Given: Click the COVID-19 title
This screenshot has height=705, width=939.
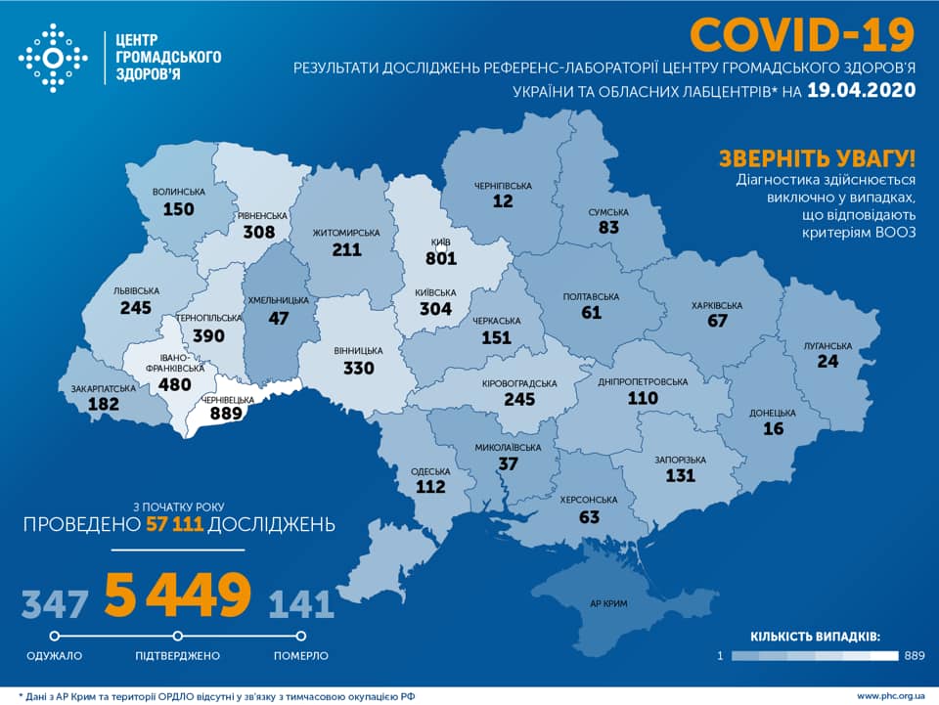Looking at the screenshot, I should click(802, 34).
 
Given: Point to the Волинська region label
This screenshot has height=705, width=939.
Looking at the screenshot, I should click(179, 192).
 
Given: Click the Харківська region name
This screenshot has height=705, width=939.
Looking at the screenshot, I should click(718, 305).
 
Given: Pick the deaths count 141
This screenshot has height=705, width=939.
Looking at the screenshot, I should click(300, 602).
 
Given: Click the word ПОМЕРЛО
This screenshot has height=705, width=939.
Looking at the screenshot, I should click(300, 655).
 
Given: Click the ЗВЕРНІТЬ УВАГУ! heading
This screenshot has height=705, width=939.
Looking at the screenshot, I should click(817, 158).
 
